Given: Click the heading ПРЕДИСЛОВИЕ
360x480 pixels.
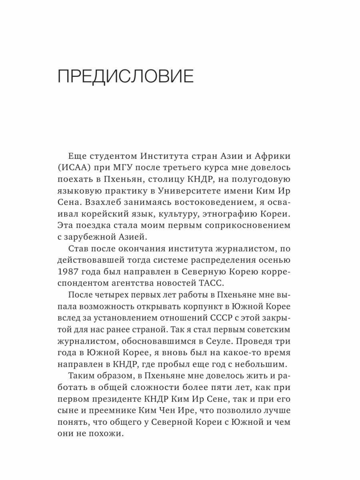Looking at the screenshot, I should [x=126, y=76].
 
